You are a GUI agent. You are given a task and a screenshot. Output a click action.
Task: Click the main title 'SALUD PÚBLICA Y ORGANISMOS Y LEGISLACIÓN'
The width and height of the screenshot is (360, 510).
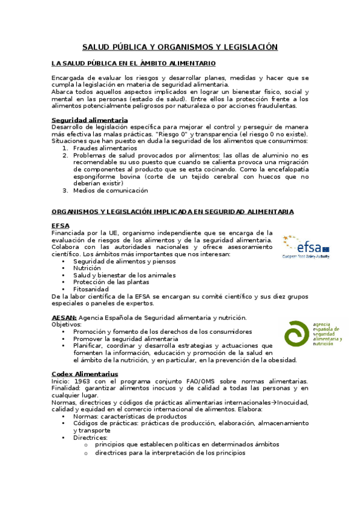[180, 46]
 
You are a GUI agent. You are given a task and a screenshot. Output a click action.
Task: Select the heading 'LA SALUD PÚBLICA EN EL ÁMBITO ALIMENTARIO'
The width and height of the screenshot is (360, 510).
[133, 63]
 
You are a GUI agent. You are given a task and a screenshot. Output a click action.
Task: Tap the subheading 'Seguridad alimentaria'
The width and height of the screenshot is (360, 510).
[90, 120]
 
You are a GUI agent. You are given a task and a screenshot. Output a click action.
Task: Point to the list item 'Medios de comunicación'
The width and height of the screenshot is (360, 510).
[110, 191]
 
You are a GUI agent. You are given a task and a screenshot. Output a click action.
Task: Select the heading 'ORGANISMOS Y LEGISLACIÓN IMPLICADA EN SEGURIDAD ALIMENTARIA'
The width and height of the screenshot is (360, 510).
[172, 212]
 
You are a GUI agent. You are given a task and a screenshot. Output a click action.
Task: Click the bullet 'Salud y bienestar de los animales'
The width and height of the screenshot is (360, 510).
[124, 275]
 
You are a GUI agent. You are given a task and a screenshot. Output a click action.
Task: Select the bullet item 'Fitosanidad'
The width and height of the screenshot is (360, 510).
[92, 289]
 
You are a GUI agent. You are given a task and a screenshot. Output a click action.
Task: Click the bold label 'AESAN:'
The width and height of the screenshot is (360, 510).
[64, 318]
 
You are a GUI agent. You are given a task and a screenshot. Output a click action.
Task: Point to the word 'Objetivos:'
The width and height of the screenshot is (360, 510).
[66, 325]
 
